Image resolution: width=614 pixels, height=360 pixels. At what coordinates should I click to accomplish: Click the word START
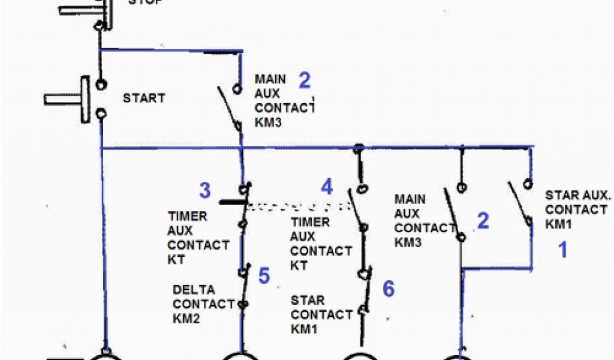point(143,98)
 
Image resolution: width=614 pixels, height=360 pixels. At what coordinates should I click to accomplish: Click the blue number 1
point(562,250)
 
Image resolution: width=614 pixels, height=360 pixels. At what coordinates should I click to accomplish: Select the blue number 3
point(205,191)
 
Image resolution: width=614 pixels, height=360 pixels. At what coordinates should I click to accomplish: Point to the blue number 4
point(326,187)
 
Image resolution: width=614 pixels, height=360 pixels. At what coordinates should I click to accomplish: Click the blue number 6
point(389,289)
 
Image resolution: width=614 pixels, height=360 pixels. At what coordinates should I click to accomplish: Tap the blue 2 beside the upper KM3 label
point(305,80)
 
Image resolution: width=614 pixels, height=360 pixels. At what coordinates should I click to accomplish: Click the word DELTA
point(193,290)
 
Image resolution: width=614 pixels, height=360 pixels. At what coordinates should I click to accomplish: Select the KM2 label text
point(186,318)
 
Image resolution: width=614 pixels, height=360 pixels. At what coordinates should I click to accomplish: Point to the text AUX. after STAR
point(595,196)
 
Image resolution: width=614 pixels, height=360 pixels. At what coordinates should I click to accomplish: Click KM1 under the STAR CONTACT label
point(304,329)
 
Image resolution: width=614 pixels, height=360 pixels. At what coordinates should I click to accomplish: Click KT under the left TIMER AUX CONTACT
point(176,260)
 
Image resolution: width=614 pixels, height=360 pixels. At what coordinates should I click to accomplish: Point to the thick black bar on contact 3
point(231,202)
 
